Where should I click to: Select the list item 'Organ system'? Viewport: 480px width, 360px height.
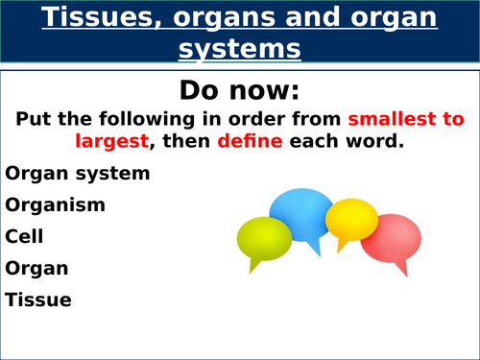tap(77, 174)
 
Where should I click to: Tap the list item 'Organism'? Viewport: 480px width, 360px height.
tap(55, 205)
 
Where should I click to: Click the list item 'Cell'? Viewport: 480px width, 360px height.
tap(25, 236)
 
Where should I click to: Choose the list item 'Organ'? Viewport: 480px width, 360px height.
tap(35, 268)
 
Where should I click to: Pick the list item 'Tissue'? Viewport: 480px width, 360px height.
tap(38, 300)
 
